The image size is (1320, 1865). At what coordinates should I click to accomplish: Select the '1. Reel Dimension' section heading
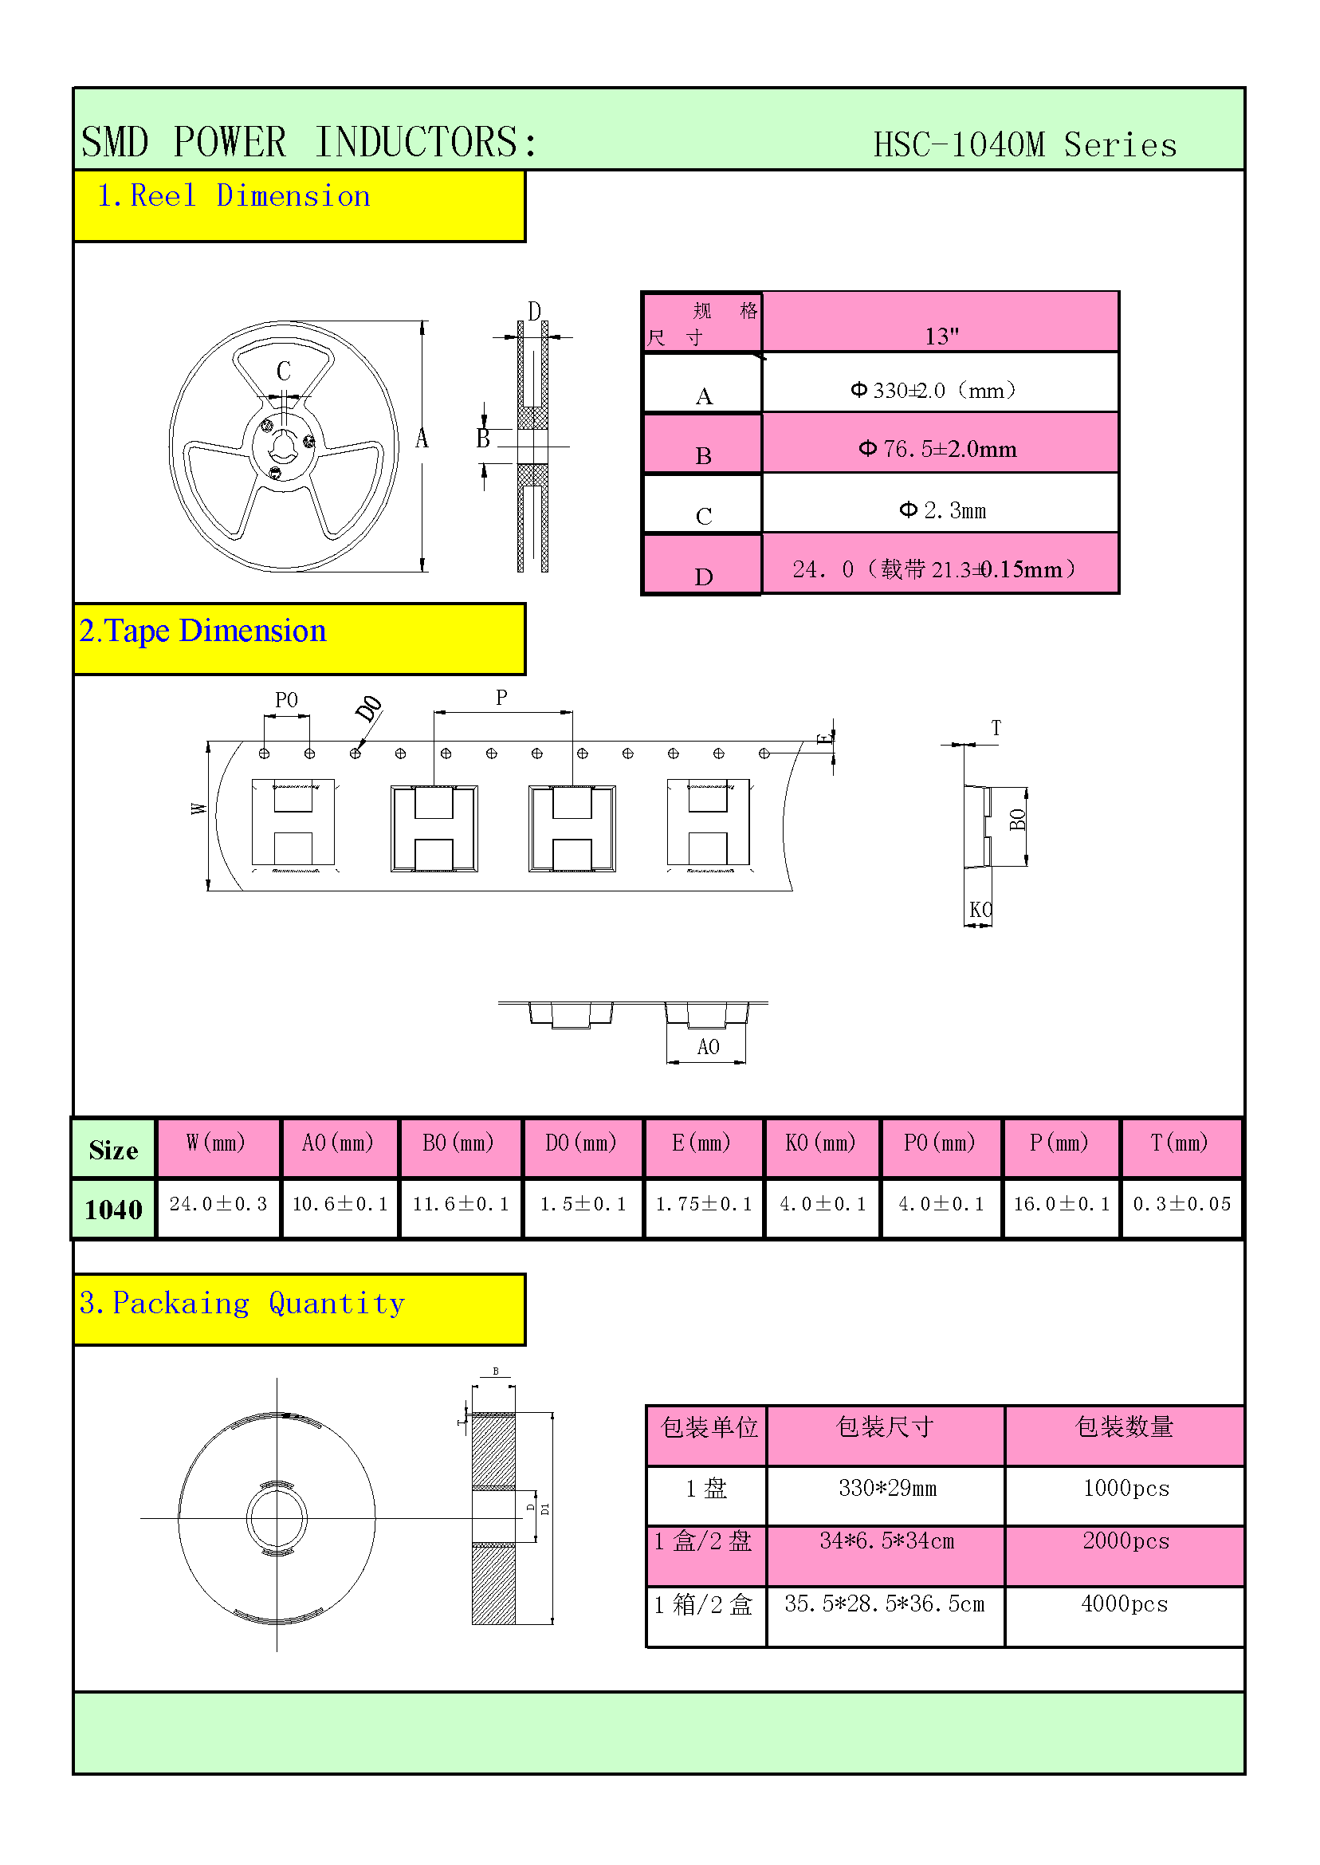[x=234, y=197]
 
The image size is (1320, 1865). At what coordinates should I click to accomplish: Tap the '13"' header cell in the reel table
[x=941, y=336]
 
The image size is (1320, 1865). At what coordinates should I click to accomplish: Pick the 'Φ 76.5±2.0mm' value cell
[x=938, y=449]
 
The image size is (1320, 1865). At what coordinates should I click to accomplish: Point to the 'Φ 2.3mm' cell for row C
[x=942, y=510]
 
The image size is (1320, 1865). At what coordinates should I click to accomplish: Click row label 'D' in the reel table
[x=704, y=576]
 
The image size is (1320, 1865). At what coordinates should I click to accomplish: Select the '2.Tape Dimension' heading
[x=202, y=632]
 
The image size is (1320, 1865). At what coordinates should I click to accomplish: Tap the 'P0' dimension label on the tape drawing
[x=286, y=700]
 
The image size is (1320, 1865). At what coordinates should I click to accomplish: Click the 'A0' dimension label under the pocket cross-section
[x=707, y=1047]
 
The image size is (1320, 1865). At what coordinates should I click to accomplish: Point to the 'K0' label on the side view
[x=980, y=910]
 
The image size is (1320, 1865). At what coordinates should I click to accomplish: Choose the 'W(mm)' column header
[x=216, y=1143]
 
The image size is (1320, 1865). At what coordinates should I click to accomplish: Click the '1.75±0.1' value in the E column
[x=704, y=1204]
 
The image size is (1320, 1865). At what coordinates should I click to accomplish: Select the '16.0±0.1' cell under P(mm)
[x=1061, y=1204]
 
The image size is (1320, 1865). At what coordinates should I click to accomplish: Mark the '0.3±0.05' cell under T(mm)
[x=1182, y=1204]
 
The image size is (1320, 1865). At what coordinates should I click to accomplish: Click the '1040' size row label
[x=113, y=1210]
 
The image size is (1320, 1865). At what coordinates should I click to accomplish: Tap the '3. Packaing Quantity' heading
[x=242, y=1304]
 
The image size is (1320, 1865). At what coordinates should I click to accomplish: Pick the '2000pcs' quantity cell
[x=1125, y=1541]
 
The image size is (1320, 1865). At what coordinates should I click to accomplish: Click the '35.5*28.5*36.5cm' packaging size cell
[x=884, y=1604]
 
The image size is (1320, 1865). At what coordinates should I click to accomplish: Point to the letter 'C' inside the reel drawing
[x=284, y=371]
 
